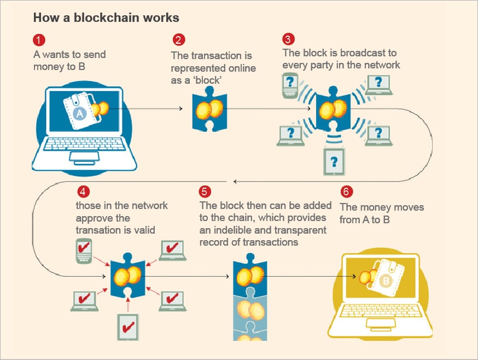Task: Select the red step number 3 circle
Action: click(288, 40)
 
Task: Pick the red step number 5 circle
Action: click(205, 191)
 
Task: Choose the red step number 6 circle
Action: click(346, 193)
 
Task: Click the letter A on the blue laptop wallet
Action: click(79, 113)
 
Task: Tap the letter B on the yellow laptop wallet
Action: click(387, 282)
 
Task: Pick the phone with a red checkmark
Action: click(83, 251)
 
